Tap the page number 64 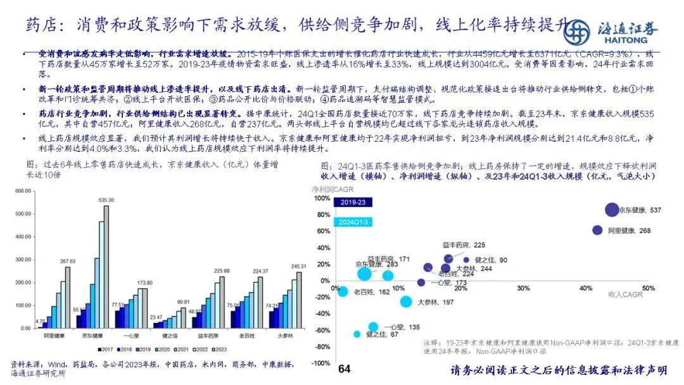[345, 369]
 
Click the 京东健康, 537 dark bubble [611, 210]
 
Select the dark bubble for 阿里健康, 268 [597, 230]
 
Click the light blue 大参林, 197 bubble [406, 301]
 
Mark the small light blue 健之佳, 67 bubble [357, 334]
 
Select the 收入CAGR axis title [625, 295]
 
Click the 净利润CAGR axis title [332, 189]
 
